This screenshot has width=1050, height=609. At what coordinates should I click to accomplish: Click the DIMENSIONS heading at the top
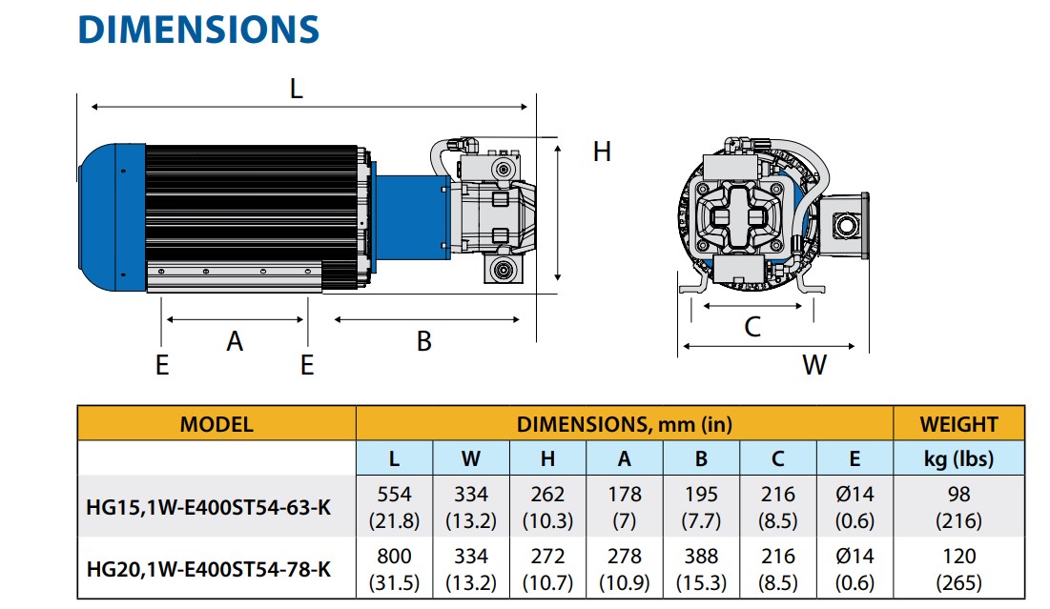pyautogui.click(x=198, y=30)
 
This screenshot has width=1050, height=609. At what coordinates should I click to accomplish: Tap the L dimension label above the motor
pyautogui.click(x=296, y=90)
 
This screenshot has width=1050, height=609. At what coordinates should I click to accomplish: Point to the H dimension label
pyautogui.click(x=601, y=152)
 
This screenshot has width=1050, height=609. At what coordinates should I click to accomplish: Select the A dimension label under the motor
pyautogui.click(x=235, y=340)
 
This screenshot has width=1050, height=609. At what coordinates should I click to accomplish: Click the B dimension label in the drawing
pyautogui.click(x=424, y=340)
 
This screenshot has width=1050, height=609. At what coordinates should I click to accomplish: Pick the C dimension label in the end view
pyautogui.click(x=752, y=327)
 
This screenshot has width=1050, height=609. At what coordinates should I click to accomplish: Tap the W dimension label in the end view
pyautogui.click(x=813, y=364)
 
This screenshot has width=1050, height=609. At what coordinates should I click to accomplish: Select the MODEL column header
pyautogui.click(x=216, y=424)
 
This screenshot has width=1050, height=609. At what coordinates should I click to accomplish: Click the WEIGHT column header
pyautogui.click(x=958, y=424)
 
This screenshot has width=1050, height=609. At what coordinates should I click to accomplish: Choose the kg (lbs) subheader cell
pyautogui.click(x=958, y=458)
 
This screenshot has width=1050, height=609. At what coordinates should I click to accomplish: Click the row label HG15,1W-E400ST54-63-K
pyautogui.click(x=209, y=507)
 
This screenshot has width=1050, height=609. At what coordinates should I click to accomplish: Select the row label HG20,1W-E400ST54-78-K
pyautogui.click(x=209, y=569)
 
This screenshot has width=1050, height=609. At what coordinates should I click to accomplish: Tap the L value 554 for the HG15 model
pyautogui.click(x=394, y=495)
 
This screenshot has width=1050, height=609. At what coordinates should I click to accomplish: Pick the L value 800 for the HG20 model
pyautogui.click(x=394, y=556)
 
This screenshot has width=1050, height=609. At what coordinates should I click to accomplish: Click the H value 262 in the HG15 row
pyautogui.click(x=547, y=495)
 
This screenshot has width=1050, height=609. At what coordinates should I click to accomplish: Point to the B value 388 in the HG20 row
pyautogui.click(x=701, y=556)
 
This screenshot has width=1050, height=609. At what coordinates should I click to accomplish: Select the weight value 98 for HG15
pyautogui.click(x=958, y=495)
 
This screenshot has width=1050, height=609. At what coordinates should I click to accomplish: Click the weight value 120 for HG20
pyautogui.click(x=958, y=556)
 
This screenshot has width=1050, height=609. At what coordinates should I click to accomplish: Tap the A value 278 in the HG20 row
pyautogui.click(x=624, y=556)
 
